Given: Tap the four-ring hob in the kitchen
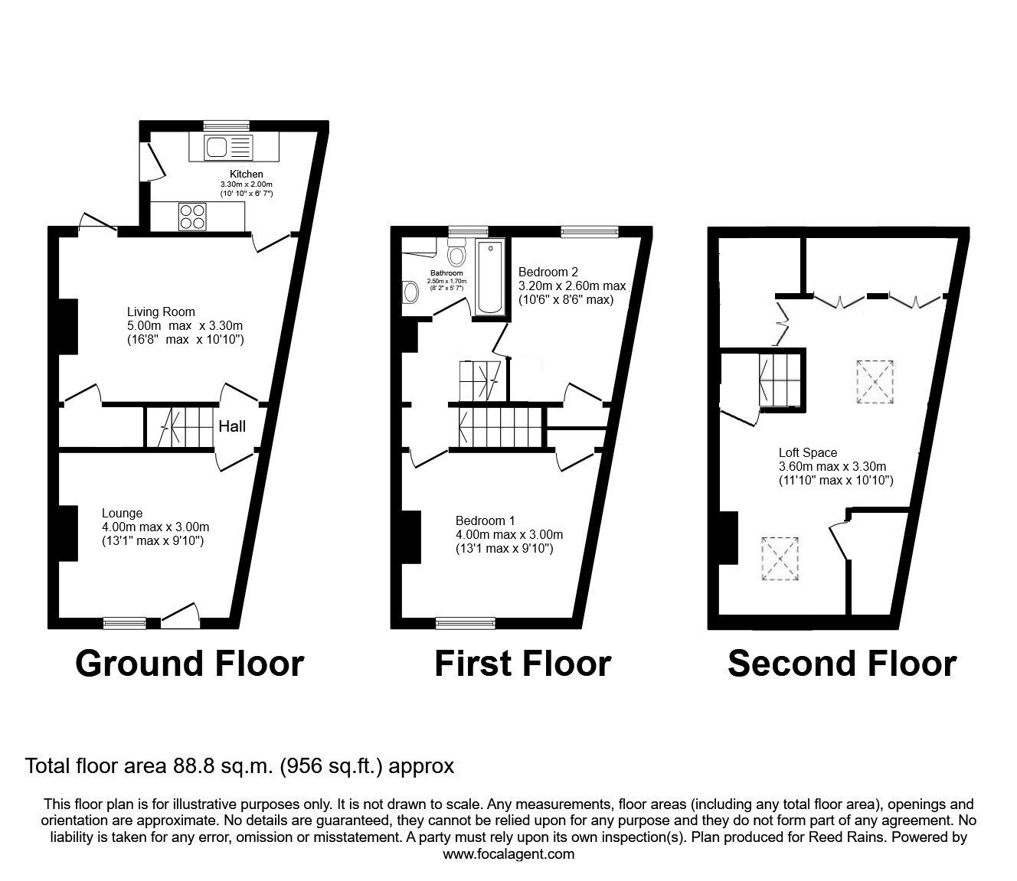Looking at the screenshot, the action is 192,217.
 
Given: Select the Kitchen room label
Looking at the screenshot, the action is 247,175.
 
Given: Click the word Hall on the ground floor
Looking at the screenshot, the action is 232,426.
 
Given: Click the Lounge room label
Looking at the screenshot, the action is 122,513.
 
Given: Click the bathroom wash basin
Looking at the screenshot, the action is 410,292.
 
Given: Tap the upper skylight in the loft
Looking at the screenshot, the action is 875,382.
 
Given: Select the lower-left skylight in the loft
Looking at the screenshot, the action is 780,559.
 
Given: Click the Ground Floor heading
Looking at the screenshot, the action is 190,664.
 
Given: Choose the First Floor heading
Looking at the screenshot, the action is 523,664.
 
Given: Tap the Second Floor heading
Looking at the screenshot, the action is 842,664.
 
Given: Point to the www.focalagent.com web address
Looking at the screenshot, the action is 508,854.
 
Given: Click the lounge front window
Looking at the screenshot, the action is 125,623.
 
